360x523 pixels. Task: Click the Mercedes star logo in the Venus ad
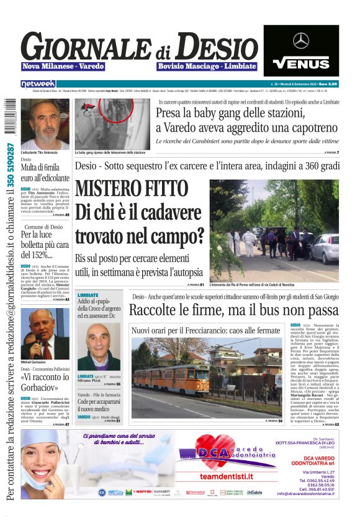pos(301,40)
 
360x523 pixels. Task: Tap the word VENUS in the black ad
pos(301,62)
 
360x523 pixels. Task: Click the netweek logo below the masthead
pos(38,84)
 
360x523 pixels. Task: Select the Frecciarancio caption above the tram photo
pos(205,330)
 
